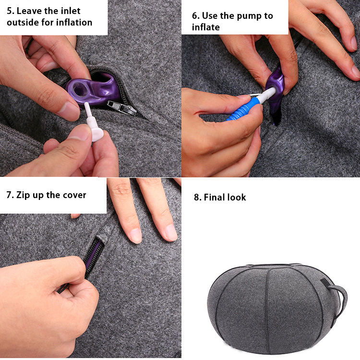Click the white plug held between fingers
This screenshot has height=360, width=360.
(93, 123)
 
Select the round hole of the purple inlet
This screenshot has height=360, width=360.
(80, 88)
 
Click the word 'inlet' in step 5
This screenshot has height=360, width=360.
(71, 11)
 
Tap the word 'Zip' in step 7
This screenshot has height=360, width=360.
(23, 195)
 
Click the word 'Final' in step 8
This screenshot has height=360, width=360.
(214, 197)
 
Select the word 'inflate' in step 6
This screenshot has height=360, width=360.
(206, 27)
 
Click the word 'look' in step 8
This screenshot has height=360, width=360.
(236, 197)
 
